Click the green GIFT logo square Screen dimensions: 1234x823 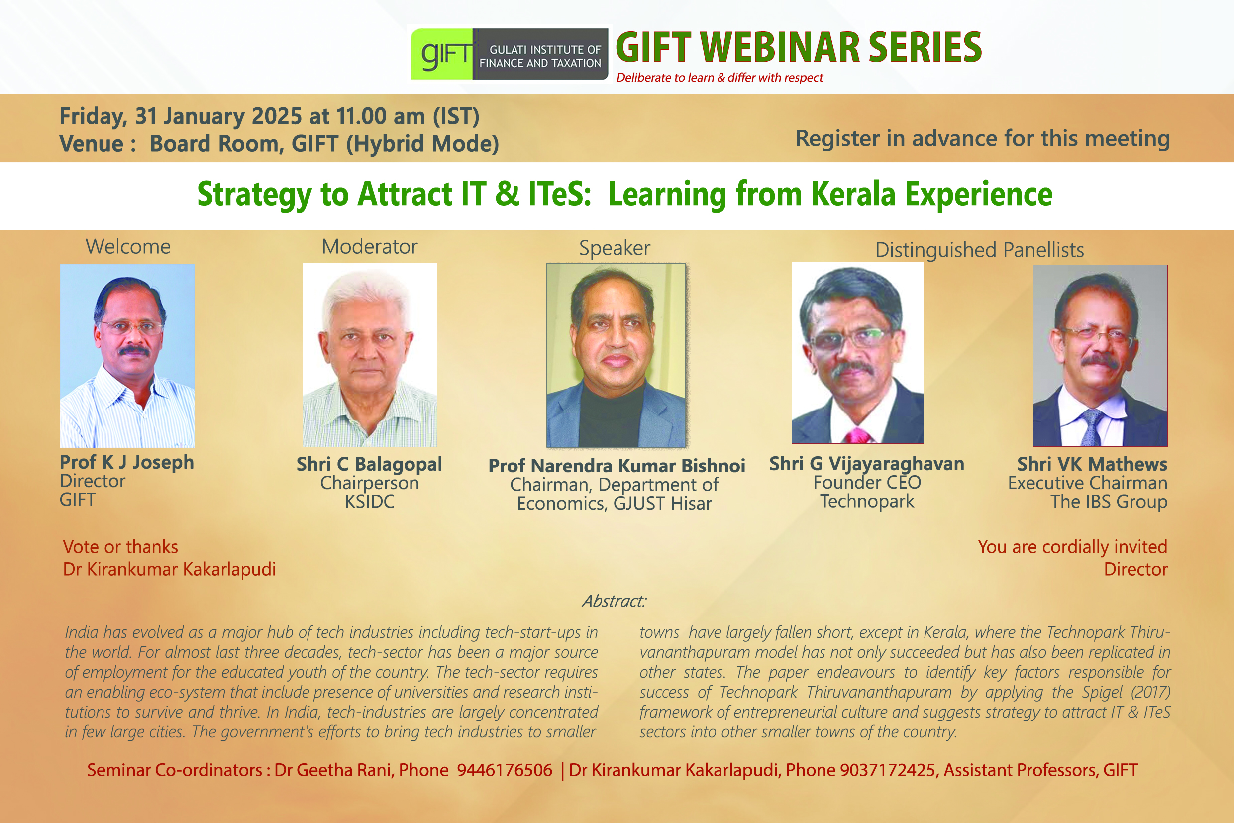click(441, 54)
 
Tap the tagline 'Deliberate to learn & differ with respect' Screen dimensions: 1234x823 click(720, 78)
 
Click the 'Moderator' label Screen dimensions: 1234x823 click(370, 247)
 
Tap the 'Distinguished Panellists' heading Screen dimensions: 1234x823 click(979, 250)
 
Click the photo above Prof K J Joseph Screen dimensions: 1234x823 click(127, 356)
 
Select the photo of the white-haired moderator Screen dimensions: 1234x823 click(370, 355)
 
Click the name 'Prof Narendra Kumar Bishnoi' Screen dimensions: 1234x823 click(616, 466)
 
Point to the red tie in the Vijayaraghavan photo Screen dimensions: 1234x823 click(858, 436)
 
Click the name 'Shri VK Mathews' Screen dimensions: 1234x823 click(1092, 464)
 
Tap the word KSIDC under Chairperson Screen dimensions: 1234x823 click(370, 502)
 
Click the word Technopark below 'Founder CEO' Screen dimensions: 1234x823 click(867, 502)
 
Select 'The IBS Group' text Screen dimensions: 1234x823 click(1109, 502)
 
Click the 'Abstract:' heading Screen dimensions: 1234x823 click(614, 601)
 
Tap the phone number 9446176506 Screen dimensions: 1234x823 click(505, 770)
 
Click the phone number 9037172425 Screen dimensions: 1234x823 click(888, 770)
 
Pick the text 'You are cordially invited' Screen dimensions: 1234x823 click(1072, 547)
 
